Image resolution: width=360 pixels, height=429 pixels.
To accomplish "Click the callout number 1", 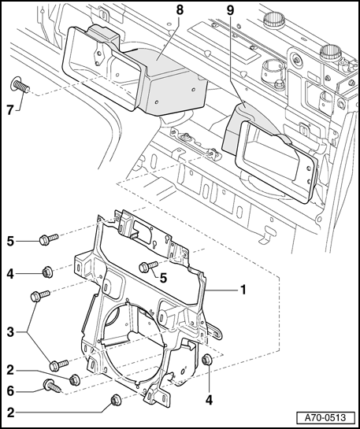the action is pyautogui.click(x=243, y=290).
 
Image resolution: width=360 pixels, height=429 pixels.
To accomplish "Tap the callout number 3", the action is pyautogui.click(x=10, y=332).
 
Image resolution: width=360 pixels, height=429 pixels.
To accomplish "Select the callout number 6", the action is pyautogui.click(x=10, y=391).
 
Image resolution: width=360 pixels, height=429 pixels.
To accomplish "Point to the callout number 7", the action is pyautogui.click(x=10, y=110).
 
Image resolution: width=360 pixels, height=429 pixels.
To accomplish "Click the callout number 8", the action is pyautogui.click(x=180, y=10).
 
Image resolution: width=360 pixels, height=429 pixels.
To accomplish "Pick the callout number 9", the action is pyautogui.click(x=231, y=10).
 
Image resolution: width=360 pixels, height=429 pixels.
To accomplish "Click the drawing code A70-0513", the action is pyautogui.click(x=325, y=418).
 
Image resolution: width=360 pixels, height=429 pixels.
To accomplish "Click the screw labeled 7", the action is pyautogui.click(x=20, y=85).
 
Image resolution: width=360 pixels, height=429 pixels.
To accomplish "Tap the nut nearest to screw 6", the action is pyautogui.click(x=75, y=379).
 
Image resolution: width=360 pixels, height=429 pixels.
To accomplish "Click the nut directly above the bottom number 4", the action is pyautogui.click(x=206, y=359).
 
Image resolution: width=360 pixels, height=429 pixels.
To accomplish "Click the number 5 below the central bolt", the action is pyautogui.click(x=163, y=278).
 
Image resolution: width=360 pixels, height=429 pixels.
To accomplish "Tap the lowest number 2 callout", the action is pyautogui.click(x=10, y=412).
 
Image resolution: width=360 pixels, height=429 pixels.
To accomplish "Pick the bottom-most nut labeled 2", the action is pyautogui.click(x=116, y=400).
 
